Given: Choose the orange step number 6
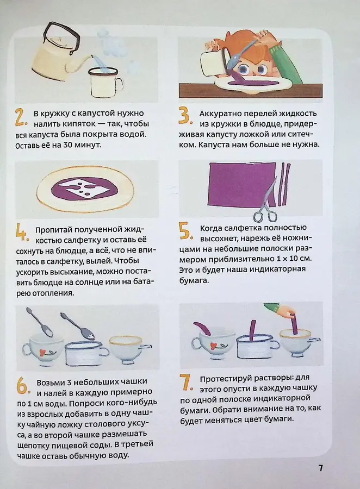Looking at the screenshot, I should pos(21,386).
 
